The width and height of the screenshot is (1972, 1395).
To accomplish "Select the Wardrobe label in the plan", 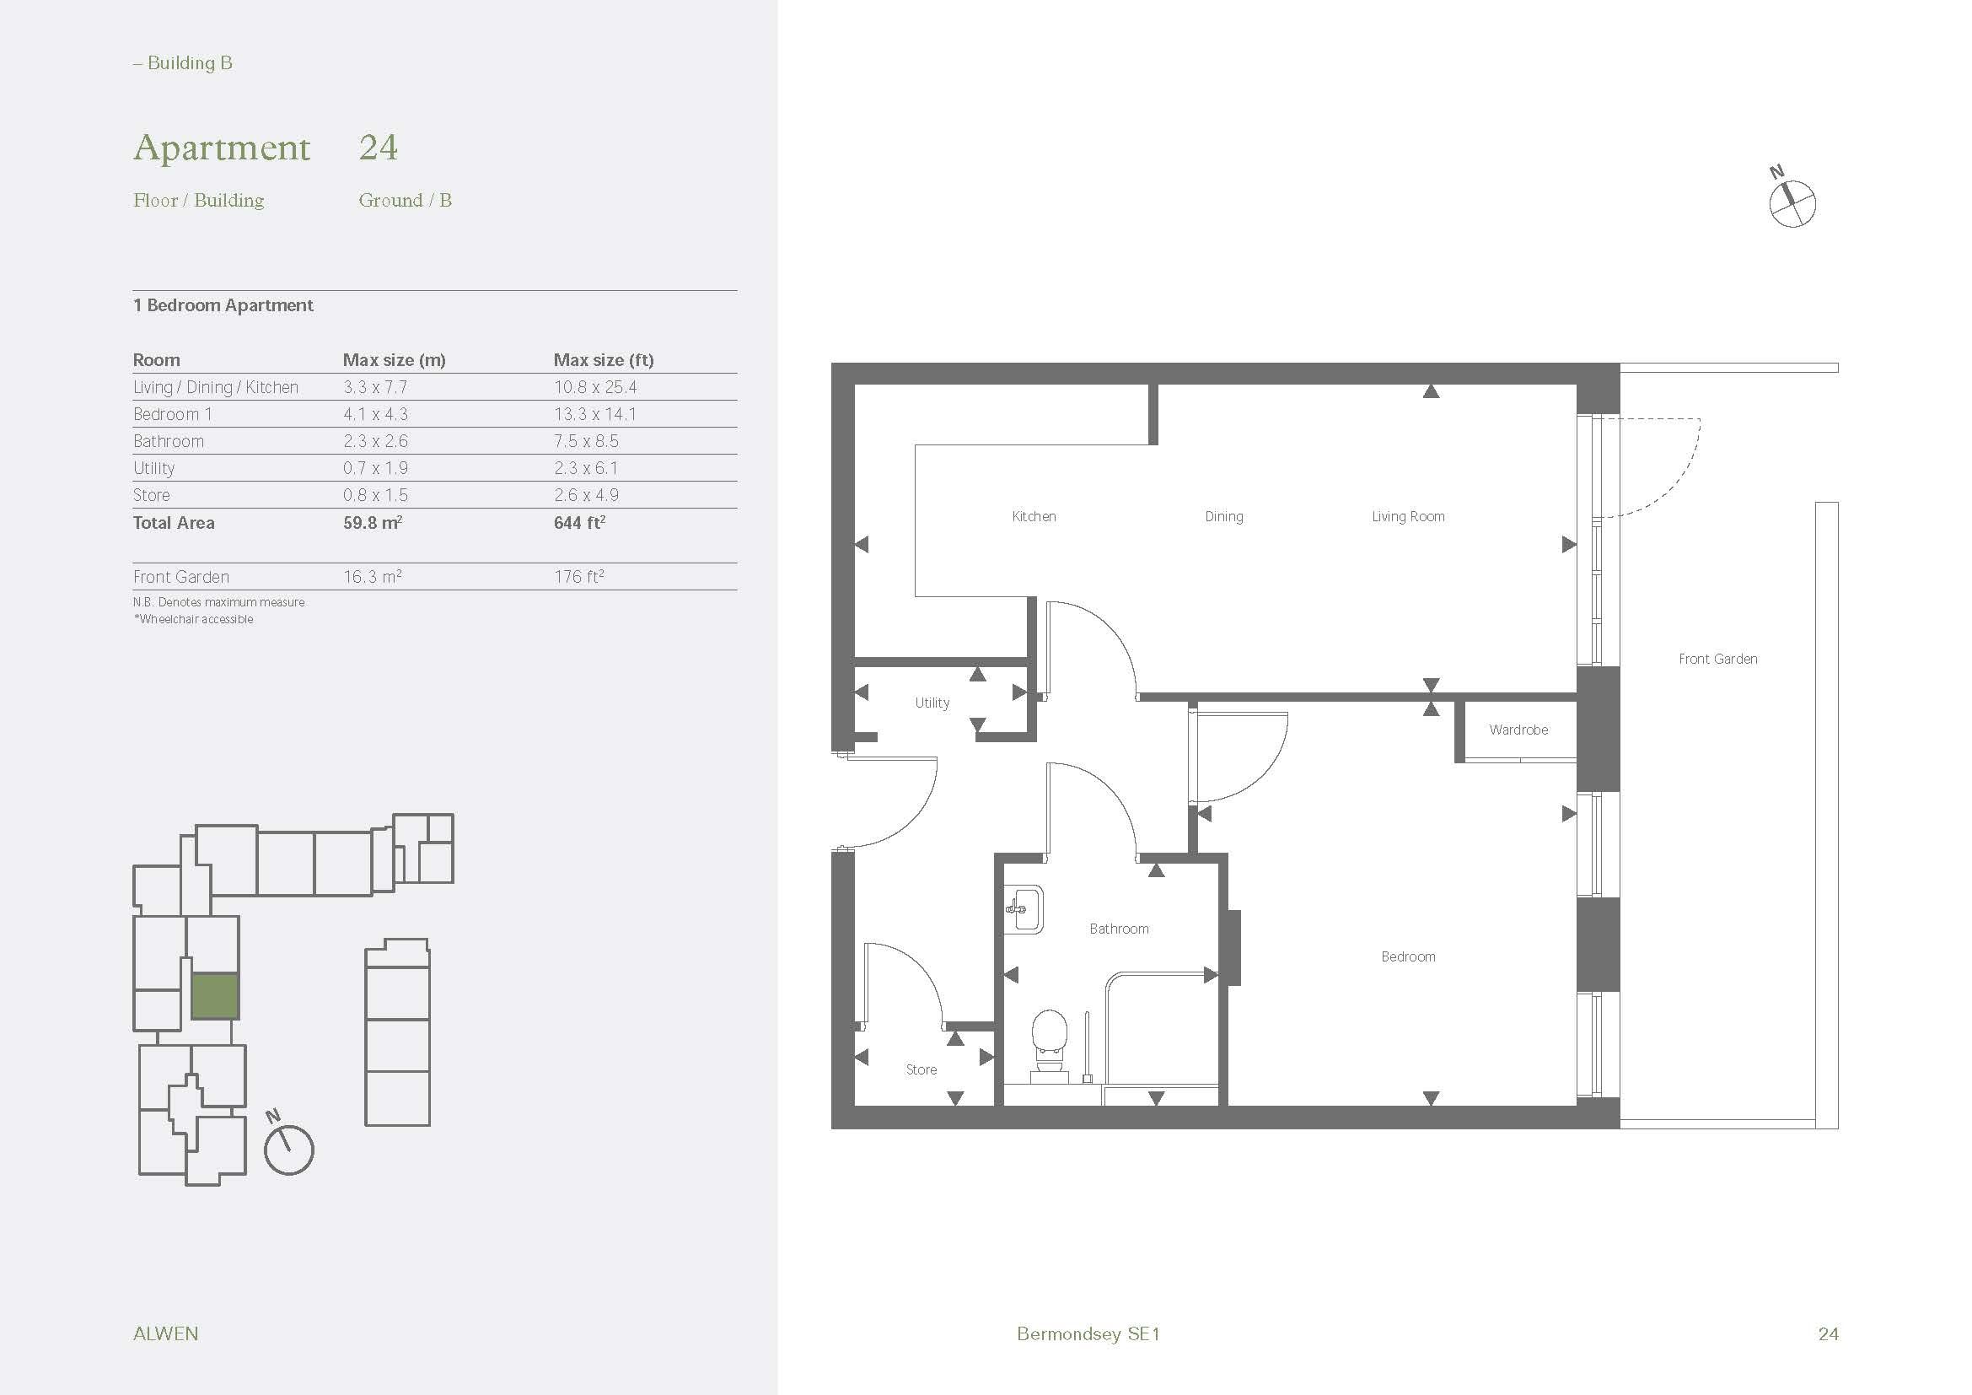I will pos(1518,730).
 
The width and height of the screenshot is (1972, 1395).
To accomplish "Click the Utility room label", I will pos(932,703).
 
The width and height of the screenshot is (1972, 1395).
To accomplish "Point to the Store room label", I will pos(921,1070).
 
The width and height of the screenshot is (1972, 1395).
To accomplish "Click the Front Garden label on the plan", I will pos(1717,660).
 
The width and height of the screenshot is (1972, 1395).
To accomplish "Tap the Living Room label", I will pos(1408,517).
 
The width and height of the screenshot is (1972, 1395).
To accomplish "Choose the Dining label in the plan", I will pos(1223,517).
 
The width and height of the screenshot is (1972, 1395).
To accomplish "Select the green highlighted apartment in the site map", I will pos(214,996).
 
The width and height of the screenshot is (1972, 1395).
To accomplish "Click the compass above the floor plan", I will pos(1792,203).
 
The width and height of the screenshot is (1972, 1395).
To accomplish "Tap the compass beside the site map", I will pos(288,1150).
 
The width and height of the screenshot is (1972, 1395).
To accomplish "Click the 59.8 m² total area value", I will pos(372,523).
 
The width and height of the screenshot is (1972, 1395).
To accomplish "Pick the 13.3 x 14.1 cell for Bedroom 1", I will pos(594,415).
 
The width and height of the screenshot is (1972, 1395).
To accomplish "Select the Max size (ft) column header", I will pos(603,360).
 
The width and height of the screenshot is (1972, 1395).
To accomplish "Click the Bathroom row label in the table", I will pos(169,441).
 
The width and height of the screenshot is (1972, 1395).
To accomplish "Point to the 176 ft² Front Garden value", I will pos(579,577).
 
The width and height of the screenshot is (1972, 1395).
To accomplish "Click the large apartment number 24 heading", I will pos(378,147).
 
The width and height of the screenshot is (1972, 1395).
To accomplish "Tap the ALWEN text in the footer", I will pos(166,1334).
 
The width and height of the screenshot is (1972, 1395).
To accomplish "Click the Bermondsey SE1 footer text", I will pos(1088,1334).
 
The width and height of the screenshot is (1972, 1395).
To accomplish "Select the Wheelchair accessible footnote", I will pos(193,619).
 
